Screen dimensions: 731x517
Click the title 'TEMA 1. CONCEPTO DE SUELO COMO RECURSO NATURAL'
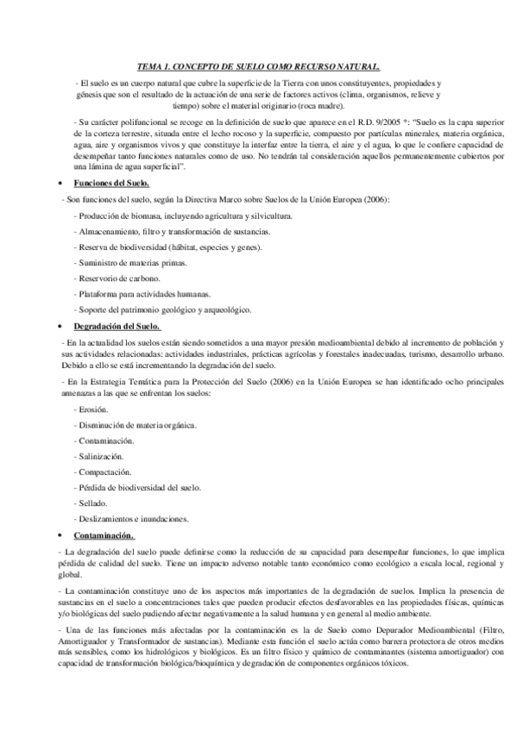point(258,66)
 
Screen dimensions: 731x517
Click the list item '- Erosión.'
point(91,410)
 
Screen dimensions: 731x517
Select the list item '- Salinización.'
point(99,457)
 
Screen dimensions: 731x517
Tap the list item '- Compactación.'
point(103,472)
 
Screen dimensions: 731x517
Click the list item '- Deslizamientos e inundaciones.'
point(131,519)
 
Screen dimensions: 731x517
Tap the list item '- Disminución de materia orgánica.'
point(136,426)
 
